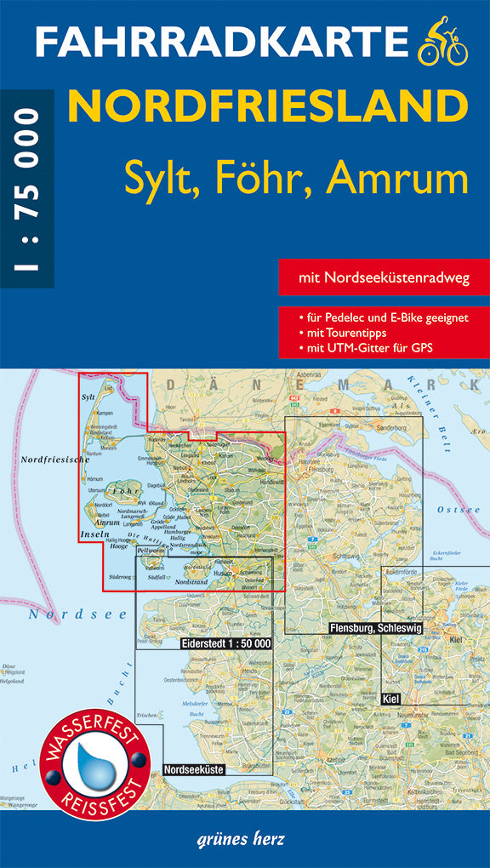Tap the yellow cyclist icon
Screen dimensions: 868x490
[443, 44]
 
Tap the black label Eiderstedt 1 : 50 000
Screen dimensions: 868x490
[226, 643]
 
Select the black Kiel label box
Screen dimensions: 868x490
[392, 698]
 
